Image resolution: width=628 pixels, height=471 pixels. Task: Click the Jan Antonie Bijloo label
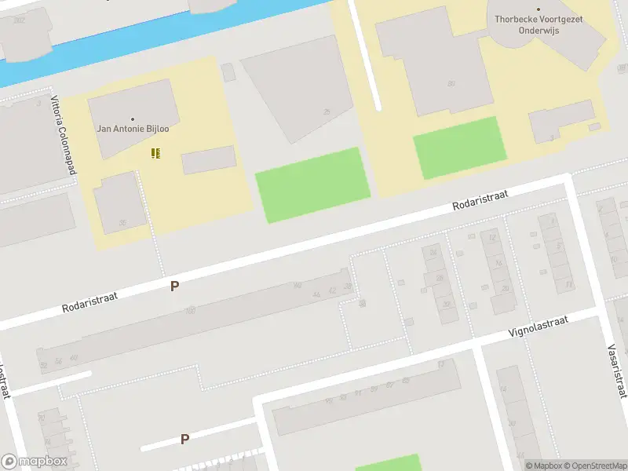click(138, 128)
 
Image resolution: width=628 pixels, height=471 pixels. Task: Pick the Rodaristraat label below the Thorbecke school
click(480, 199)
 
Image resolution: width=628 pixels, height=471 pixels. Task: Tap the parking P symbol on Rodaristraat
click(174, 287)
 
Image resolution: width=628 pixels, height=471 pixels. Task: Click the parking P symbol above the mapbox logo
click(184, 439)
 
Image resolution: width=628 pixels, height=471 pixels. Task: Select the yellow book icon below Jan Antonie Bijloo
click(155, 152)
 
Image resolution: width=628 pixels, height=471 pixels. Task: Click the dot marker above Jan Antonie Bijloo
click(133, 119)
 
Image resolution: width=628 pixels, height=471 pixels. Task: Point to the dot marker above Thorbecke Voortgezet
click(539, 9)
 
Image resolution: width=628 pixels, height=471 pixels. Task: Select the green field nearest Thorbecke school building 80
click(460, 147)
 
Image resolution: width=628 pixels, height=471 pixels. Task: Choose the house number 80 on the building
click(451, 83)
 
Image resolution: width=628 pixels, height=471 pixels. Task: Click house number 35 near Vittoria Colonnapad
click(122, 222)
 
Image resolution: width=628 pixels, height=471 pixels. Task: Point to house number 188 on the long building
click(190, 311)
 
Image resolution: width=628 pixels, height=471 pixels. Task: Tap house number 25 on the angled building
click(327, 112)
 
